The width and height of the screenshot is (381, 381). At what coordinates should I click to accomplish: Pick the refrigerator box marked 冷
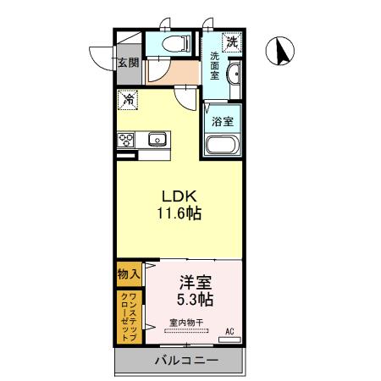pos(128,100)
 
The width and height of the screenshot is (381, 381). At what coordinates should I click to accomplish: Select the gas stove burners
pos(127,140)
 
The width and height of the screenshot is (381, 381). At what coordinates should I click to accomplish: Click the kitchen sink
pos(156,139)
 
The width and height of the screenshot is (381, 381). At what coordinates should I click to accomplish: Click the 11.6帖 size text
pos(178,214)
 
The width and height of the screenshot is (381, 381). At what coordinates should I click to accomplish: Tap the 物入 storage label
pos(129,275)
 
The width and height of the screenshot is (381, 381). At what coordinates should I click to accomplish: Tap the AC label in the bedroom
pos(229,331)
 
